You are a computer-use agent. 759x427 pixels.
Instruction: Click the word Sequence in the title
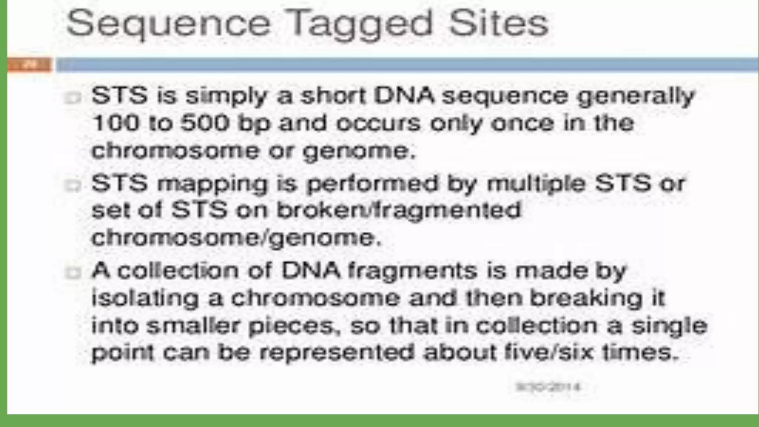(169, 24)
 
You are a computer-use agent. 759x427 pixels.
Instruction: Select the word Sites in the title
(498, 24)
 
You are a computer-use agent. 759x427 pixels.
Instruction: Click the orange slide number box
(30, 65)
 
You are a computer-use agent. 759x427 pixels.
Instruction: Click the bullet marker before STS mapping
(73, 185)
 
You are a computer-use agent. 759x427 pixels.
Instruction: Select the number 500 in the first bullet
(205, 123)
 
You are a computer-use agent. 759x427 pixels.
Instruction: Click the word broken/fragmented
(399, 211)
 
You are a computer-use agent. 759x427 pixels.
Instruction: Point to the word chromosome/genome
(236, 238)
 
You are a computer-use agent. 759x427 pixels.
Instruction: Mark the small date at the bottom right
(548, 387)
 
